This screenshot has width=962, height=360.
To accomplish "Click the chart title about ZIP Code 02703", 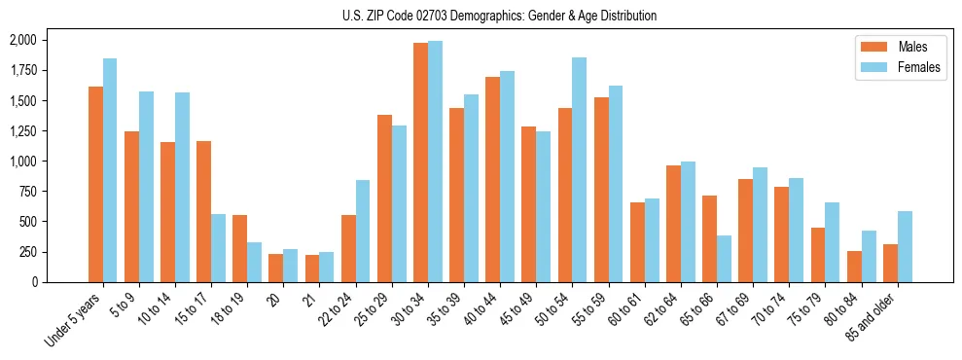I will [499, 16].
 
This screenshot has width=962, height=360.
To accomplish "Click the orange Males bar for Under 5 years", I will [95, 184].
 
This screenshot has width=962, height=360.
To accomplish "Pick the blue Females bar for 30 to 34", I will [435, 162].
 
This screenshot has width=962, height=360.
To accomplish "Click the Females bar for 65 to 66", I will [724, 259].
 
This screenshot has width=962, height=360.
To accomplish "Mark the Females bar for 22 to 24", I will [362, 231].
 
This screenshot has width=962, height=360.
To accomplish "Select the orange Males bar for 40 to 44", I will [492, 179].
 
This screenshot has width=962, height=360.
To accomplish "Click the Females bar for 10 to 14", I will [182, 187].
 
